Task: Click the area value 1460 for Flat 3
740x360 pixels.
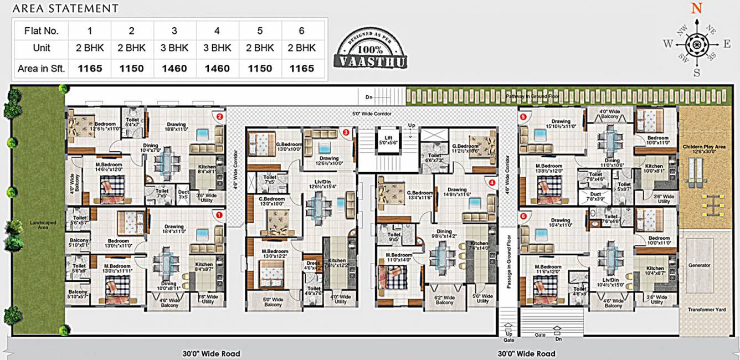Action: tap(174, 69)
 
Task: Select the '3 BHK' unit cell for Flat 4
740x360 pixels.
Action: tap(217, 48)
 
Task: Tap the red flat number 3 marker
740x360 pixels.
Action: tap(346, 132)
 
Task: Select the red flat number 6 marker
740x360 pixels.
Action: tap(523, 216)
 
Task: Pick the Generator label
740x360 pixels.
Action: tap(699, 265)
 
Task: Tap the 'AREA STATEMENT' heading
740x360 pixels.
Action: tap(65, 8)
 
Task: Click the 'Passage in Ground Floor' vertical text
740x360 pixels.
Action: tap(508, 260)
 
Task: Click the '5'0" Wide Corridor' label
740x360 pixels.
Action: tap(372, 114)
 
